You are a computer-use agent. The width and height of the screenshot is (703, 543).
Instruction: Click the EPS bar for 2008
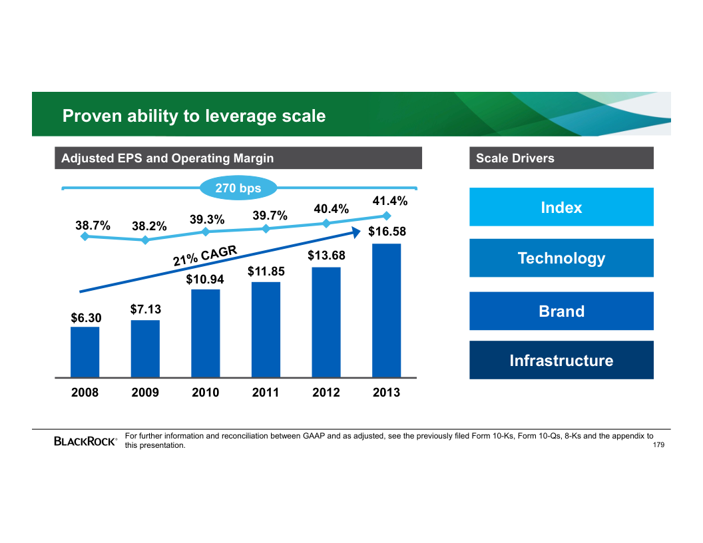[85, 352]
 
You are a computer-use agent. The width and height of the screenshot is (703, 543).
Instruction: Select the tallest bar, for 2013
[386, 310]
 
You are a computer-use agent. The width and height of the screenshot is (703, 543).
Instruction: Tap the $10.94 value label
[205, 279]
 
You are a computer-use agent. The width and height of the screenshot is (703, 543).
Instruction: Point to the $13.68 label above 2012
[326, 256]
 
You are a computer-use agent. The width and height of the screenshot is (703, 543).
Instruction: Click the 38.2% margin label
[149, 227]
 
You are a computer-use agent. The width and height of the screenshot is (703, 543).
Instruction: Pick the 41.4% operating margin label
[390, 201]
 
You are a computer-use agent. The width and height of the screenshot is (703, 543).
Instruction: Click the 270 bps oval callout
[238, 189]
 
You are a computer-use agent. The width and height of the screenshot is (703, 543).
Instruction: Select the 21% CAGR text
[205, 256]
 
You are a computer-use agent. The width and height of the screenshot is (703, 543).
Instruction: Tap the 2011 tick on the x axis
[266, 393]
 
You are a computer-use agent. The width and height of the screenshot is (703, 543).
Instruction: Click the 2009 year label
[145, 393]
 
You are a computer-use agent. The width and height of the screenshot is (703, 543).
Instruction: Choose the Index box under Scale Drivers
[561, 208]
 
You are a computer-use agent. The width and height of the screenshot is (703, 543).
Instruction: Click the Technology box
[561, 258]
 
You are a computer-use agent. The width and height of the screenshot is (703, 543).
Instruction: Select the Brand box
[561, 311]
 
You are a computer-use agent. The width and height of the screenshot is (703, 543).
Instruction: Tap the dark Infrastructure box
[561, 361]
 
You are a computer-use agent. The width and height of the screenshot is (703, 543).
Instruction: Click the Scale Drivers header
[515, 158]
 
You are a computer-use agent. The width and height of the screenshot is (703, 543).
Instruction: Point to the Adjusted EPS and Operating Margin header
[167, 158]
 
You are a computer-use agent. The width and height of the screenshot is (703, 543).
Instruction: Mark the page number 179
[659, 445]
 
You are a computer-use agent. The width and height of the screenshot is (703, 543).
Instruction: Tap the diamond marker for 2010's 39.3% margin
[206, 232]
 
